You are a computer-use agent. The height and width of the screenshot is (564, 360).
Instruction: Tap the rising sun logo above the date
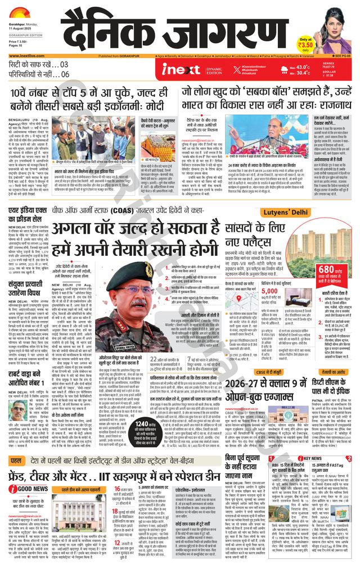[17, 12]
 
